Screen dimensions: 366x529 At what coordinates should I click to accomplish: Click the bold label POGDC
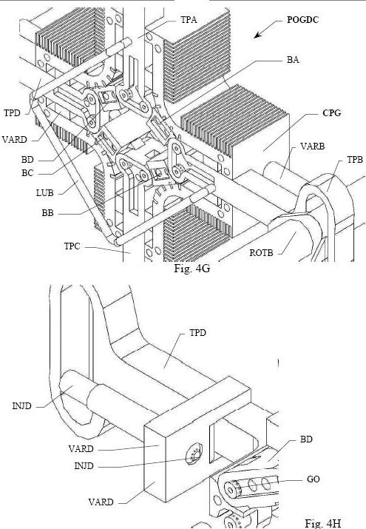(302, 20)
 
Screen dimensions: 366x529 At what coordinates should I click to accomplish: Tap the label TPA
(189, 20)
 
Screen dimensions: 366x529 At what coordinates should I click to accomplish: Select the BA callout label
(293, 60)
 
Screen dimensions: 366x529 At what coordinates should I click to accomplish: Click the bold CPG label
(332, 113)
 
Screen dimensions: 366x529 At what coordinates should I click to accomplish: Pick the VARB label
(313, 146)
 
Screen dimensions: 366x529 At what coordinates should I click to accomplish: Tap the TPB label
(355, 160)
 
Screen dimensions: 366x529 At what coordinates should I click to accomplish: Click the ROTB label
(261, 253)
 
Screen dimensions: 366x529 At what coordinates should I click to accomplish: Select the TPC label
(72, 246)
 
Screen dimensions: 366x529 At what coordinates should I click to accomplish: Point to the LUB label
(45, 193)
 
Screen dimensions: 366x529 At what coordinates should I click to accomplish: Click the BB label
(47, 213)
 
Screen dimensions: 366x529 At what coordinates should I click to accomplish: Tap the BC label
(27, 173)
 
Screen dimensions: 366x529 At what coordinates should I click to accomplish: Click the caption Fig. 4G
(192, 269)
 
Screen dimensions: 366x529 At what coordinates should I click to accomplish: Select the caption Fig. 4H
(323, 523)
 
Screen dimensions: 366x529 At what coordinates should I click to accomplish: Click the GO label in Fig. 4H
(313, 479)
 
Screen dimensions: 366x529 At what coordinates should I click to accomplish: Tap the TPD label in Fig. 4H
(197, 333)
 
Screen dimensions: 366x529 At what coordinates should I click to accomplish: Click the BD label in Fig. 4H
(306, 439)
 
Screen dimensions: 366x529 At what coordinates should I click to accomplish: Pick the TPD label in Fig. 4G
(12, 113)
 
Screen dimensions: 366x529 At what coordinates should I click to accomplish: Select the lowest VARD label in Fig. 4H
(101, 502)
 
